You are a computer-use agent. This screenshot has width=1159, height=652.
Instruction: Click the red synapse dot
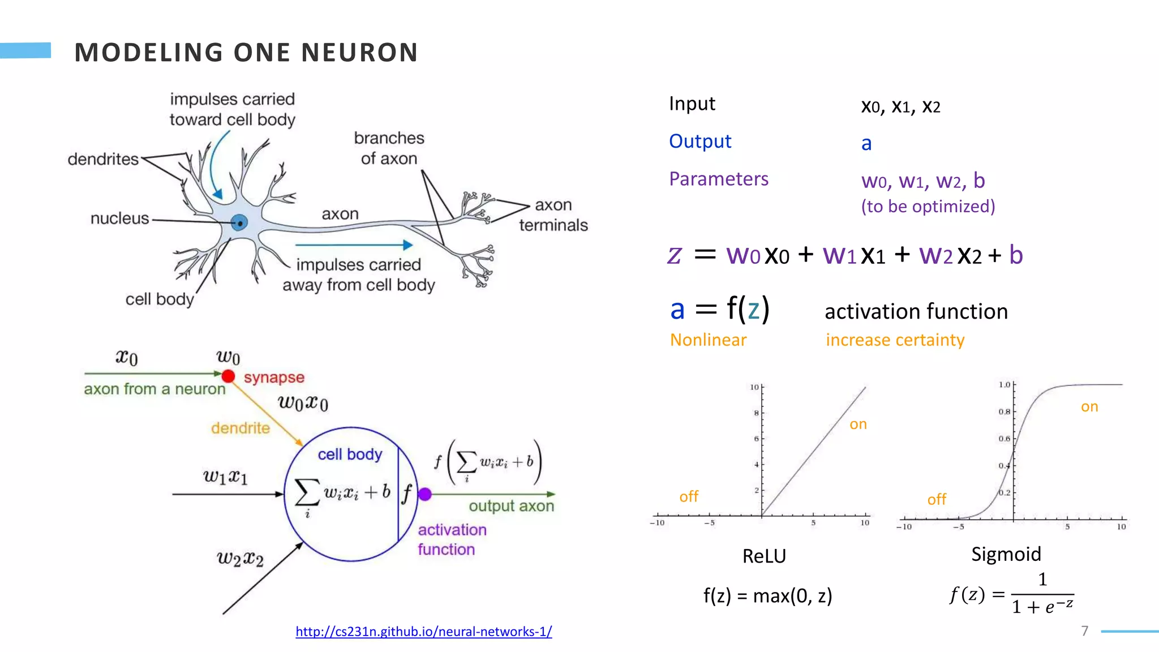pyautogui.click(x=228, y=376)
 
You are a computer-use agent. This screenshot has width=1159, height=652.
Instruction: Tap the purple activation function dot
pyautogui.click(x=425, y=494)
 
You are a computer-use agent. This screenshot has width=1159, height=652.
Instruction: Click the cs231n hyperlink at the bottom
pyautogui.click(x=423, y=631)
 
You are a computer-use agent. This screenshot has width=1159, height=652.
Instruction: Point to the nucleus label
pyautogui.click(x=119, y=218)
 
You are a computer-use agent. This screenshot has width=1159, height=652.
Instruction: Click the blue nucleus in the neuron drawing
pyautogui.click(x=239, y=223)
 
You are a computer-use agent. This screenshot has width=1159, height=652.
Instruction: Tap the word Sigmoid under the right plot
pyautogui.click(x=1006, y=554)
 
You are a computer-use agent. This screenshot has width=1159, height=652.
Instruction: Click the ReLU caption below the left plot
pyautogui.click(x=763, y=556)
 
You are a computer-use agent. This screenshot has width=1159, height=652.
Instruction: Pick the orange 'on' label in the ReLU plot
pyautogui.click(x=858, y=424)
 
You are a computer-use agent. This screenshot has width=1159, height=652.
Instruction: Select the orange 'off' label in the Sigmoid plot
pyautogui.click(x=936, y=499)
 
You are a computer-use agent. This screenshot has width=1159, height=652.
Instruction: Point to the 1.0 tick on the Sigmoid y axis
pyautogui.click(x=1004, y=385)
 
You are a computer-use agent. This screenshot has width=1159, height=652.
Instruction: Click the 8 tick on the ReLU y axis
pyautogui.click(x=756, y=413)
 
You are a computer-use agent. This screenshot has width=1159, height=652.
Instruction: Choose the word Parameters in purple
pyautogui.click(x=718, y=179)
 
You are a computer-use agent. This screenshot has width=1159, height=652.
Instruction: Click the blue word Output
pyautogui.click(x=700, y=141)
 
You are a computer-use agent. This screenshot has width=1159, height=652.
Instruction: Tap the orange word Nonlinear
pyautogui.click(x=708, y=340)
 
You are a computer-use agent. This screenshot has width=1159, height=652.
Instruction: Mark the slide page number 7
pyautogui.click(x=1084, y=630)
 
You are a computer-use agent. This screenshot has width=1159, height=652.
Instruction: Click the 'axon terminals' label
pyautogui.click(x=553, y=215)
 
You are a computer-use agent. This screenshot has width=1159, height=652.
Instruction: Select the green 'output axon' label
pyautogui.click(x=511, y=505)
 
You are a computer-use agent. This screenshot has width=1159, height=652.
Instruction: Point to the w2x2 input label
pyautogui.click(x=240, y=559)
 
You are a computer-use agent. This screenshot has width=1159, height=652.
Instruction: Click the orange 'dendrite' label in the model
pyautogui.click(x=240, y=428)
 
